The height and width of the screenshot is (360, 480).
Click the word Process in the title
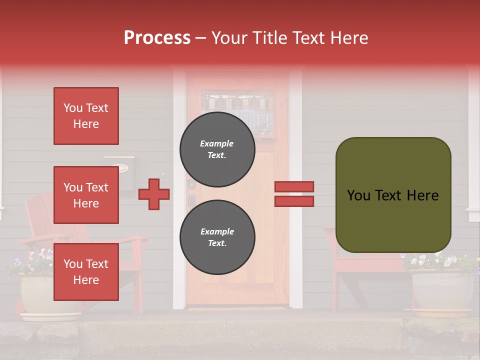click(x=157, y=38)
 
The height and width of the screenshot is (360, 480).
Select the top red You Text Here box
click(x=86, y=116)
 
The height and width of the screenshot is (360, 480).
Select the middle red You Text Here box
click(x=86, y=195)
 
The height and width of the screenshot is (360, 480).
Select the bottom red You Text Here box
click(x=86, y=272)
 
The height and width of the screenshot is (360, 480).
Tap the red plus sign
click(x=154, y=194)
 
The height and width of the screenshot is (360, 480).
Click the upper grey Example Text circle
click(x=217, y=149)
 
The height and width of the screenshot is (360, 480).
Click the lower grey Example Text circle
click(x=217, y=237)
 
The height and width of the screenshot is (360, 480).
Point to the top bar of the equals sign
click(x=294, y=186)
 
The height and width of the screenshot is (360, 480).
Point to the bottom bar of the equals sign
click(x=294, y=201)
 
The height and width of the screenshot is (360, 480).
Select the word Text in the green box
click(x=391, y=195)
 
